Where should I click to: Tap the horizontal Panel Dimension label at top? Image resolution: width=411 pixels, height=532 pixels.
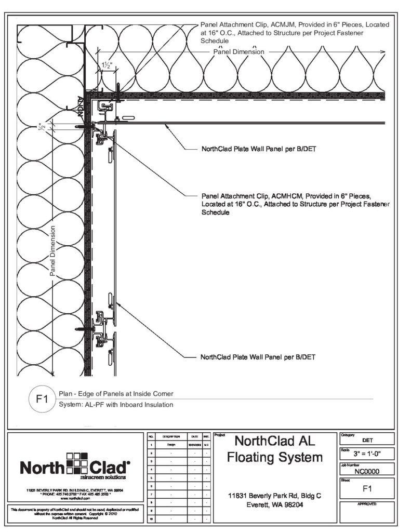239,52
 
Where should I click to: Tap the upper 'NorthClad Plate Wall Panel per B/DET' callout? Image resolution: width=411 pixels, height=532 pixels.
258,148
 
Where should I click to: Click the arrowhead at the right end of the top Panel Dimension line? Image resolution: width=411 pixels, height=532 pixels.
383,52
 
